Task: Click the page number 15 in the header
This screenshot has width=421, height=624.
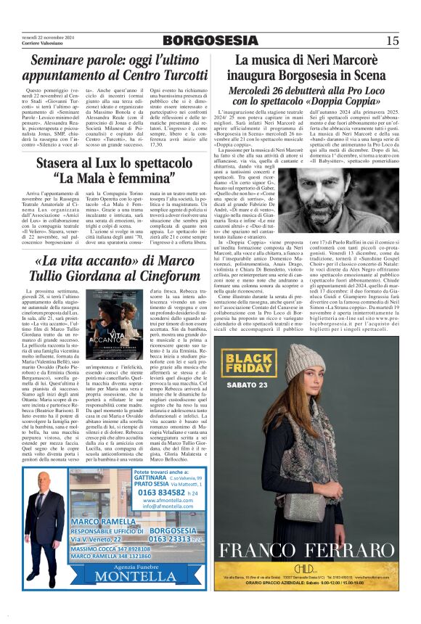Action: coord(392,41)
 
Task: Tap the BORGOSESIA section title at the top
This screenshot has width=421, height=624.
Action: coord(210,41)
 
